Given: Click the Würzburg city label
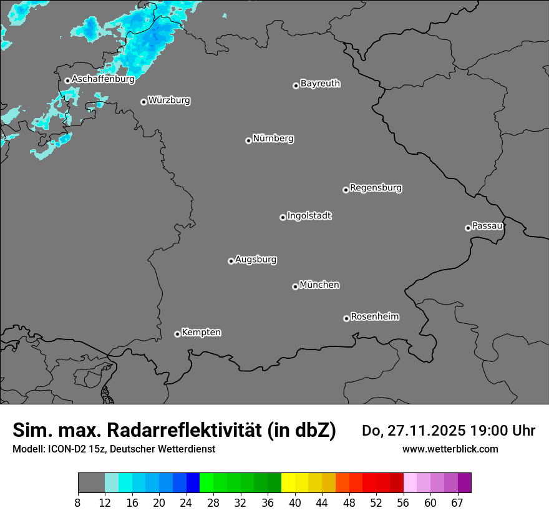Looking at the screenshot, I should click(x=169, y=100).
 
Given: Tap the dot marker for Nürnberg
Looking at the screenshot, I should click(x=248, y=140).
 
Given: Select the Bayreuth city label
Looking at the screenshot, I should click(x=320, y=83).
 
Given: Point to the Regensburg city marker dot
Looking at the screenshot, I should click(x=346, y=190).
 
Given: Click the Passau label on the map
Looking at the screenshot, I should click(x=487, y=225).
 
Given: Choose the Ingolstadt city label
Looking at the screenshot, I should click(x=309, y=215).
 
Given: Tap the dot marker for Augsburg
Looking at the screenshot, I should click(x=231, y=261).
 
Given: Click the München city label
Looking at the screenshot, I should click(x=319, y=285).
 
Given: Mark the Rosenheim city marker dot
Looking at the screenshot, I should click(x=346, y=319).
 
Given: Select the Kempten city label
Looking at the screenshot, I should click(x=201, y=332).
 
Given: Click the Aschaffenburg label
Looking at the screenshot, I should click(x=103, y=79).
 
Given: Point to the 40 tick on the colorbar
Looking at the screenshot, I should click(x=294, y=502).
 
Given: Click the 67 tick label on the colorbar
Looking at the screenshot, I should click(x=457, y=502).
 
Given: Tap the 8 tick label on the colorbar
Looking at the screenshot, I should click(x=78, y=502).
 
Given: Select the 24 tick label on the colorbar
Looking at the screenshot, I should click(x=187, y=502).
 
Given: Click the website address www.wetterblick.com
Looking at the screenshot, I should click(x=450, y=449).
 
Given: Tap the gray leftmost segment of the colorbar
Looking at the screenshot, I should click(x=91, y=483).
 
